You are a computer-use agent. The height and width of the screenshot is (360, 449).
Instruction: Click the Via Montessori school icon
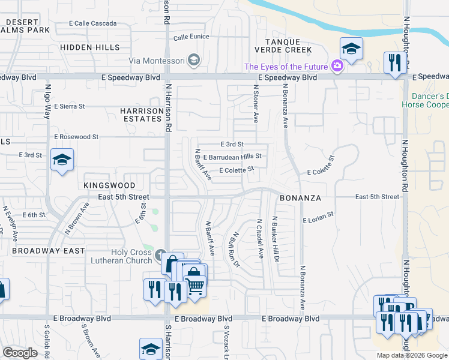[x=193, y=59]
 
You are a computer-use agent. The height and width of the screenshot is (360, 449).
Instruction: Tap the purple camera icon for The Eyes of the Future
[x=337, y=66]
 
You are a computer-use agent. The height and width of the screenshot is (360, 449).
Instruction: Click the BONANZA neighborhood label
[x=300, y=197]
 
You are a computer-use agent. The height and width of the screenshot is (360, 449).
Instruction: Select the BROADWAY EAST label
[x=48, y=250]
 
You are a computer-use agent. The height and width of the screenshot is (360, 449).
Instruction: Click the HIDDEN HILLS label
[x=85, y=47]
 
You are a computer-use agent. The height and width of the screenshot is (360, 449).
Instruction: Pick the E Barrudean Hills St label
[x=233, y=157]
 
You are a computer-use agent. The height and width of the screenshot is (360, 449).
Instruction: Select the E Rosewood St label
[x=76, y=137]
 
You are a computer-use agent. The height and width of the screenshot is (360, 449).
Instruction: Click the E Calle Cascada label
[x=93, y=23]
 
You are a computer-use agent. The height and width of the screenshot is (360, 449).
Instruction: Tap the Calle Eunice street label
[x=191, y=37]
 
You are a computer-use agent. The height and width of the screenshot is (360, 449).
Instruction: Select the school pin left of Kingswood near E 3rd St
[x=62, y=160]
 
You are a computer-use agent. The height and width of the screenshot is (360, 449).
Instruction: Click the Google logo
[x=20, y=353]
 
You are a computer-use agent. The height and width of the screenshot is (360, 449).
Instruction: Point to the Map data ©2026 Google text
[x=412, y=355]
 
